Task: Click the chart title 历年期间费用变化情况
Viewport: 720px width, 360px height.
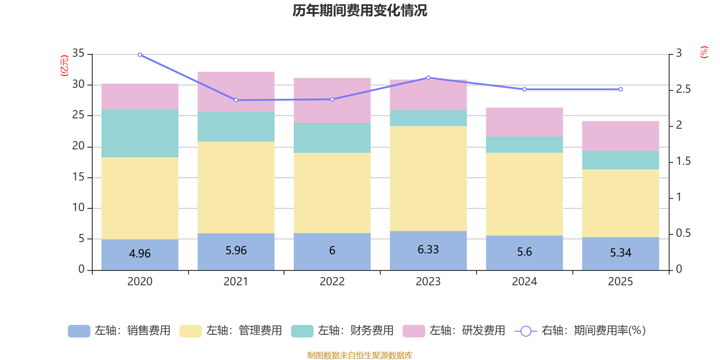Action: pos(360,10)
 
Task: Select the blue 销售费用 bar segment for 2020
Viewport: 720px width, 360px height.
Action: pos(139,254)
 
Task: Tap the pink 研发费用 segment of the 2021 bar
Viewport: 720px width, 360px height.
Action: pos(236,91)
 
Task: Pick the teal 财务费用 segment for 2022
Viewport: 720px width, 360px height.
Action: pos(332,138)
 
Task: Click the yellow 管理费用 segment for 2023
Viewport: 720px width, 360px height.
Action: pos(428,178)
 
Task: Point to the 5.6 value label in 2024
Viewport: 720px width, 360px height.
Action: pos(524,252)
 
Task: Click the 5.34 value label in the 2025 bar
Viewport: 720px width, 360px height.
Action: pos(621,252)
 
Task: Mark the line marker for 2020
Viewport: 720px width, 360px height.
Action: pos(140,55)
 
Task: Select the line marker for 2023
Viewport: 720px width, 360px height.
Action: pos(428,77)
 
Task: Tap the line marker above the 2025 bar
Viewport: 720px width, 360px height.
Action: pos(621,89)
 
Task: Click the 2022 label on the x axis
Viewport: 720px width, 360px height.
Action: pos(332,282)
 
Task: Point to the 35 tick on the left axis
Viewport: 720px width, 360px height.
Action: pos(78,53)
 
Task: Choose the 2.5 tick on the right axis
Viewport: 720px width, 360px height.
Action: pos(683,89)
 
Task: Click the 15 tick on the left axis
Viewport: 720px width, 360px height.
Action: pos(78,177)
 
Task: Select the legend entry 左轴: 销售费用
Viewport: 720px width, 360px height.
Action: pos(119,331)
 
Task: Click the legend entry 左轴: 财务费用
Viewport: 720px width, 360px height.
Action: pos(342,331)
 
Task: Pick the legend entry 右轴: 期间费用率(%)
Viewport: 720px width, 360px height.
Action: pos(580,331)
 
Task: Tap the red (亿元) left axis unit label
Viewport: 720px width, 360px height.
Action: pos(64,66)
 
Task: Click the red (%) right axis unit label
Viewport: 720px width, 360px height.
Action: pos(704,52)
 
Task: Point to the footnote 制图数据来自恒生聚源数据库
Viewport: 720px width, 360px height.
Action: pos(360,355)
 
